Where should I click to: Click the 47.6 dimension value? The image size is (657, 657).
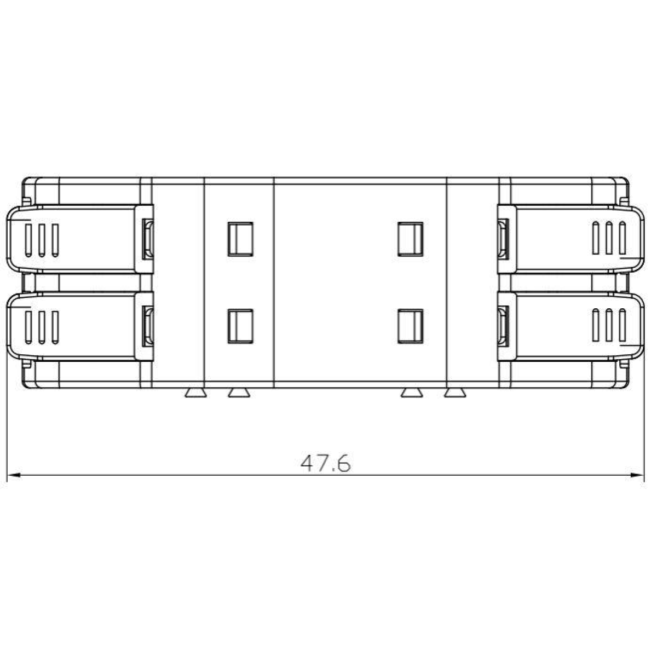325,463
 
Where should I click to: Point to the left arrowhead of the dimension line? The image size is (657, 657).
14,475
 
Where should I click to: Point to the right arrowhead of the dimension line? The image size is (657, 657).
637,475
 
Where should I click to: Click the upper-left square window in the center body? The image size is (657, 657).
240,239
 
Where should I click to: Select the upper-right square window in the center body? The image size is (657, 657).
410,239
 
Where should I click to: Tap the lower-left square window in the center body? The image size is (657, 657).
240,326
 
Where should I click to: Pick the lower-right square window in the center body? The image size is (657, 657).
410,326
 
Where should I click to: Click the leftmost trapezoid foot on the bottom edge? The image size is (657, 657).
195,393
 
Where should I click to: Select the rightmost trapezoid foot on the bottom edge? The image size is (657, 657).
455,393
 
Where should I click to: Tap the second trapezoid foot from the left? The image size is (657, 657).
239,393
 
